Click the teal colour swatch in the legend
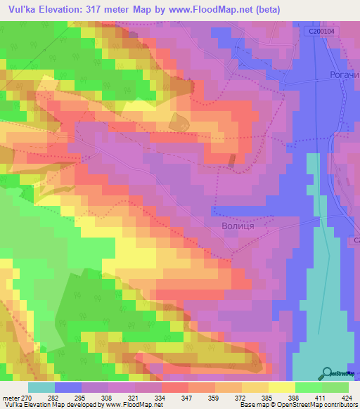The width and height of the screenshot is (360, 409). [41, 387]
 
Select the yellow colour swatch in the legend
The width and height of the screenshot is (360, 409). [282, 387]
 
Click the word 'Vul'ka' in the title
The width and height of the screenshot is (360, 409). [19, 8]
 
